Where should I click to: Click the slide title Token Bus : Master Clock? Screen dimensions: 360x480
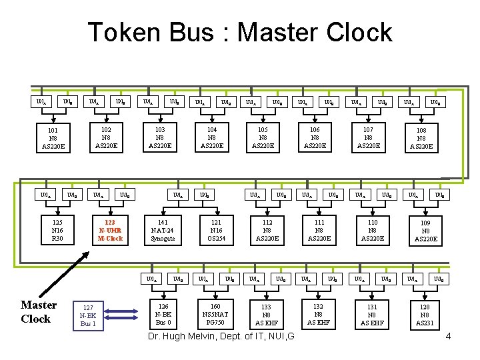click(x=240, y=32)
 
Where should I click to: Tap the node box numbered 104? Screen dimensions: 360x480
click(x=212, y=139)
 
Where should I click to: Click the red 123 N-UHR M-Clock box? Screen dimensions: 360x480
click(x=110, y=230)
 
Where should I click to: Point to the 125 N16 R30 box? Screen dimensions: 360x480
click(x=57, y=230)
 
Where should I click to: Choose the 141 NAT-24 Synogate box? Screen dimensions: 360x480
click(x=163, y=230)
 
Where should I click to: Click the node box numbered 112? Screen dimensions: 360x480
click(x=267, y=230)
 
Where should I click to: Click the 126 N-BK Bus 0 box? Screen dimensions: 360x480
click(x=163, y=315)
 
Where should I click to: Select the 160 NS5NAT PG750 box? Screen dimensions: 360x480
click(x=215, y=315)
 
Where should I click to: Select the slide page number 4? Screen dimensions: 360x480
click(x=448, y=336)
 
